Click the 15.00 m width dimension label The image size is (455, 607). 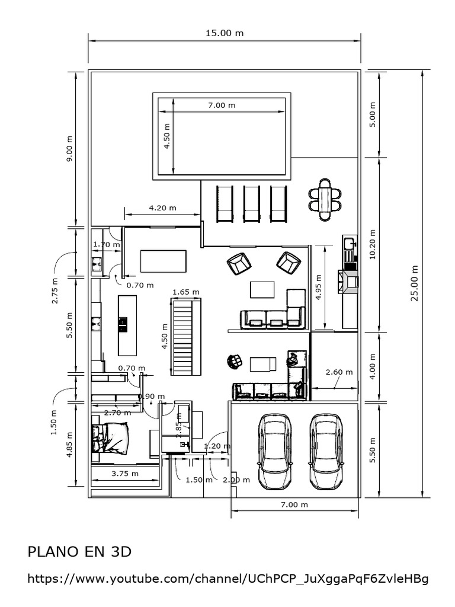[x=225, y=33]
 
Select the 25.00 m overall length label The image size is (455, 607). [x=415, y=283]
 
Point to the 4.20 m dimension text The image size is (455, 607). [x=162, y=208]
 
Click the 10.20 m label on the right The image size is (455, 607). [x=372, y=244]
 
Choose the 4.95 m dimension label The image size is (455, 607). [x=318, y=287]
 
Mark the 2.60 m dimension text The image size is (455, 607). [x=339, y=372]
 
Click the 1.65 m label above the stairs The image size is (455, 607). [x=185, y=292]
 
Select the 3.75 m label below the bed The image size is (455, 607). [x=125, y=473]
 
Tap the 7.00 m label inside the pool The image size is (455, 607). [x=222, y=105]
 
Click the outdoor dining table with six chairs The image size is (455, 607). [x=325, y=199]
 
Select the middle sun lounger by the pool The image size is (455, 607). [x=252, y=204]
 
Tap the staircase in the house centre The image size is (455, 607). [x=186, y=337]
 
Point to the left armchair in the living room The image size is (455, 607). [x=239, y=263]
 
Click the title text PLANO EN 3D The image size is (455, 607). [x=79, y=552]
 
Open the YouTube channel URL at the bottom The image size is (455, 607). [x=227, y=579]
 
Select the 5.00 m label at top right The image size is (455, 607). [x=372, y=114]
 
